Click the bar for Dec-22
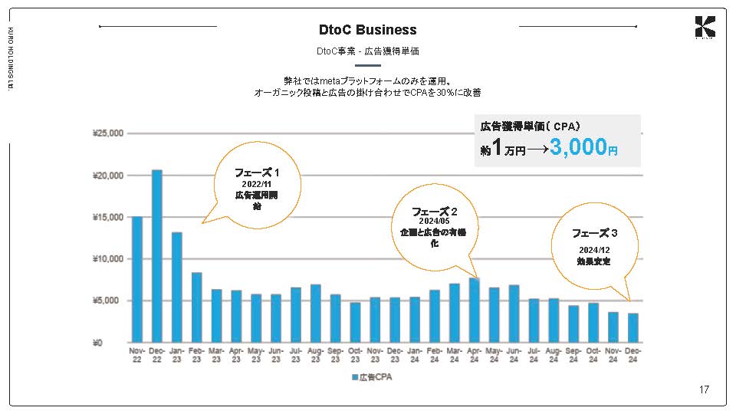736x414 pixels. point(156,256)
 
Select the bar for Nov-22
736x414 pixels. point(137,279)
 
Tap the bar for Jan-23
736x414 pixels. point(176,287)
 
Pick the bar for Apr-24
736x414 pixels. point(474,310)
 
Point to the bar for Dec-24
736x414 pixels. point(632,327)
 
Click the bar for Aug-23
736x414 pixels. point(315,313)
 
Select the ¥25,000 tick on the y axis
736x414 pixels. point(107,133)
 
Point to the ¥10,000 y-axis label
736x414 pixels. point(107,259)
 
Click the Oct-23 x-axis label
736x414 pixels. point(355,354)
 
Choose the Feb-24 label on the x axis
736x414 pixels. point(434,354)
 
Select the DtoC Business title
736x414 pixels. point(368,30)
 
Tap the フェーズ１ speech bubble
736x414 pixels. point(256,189)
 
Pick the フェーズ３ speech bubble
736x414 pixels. point(594,246)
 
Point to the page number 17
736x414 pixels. point(704,389)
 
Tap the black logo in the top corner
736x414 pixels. point(705,28)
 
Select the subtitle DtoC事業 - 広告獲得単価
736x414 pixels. point(368,51)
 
